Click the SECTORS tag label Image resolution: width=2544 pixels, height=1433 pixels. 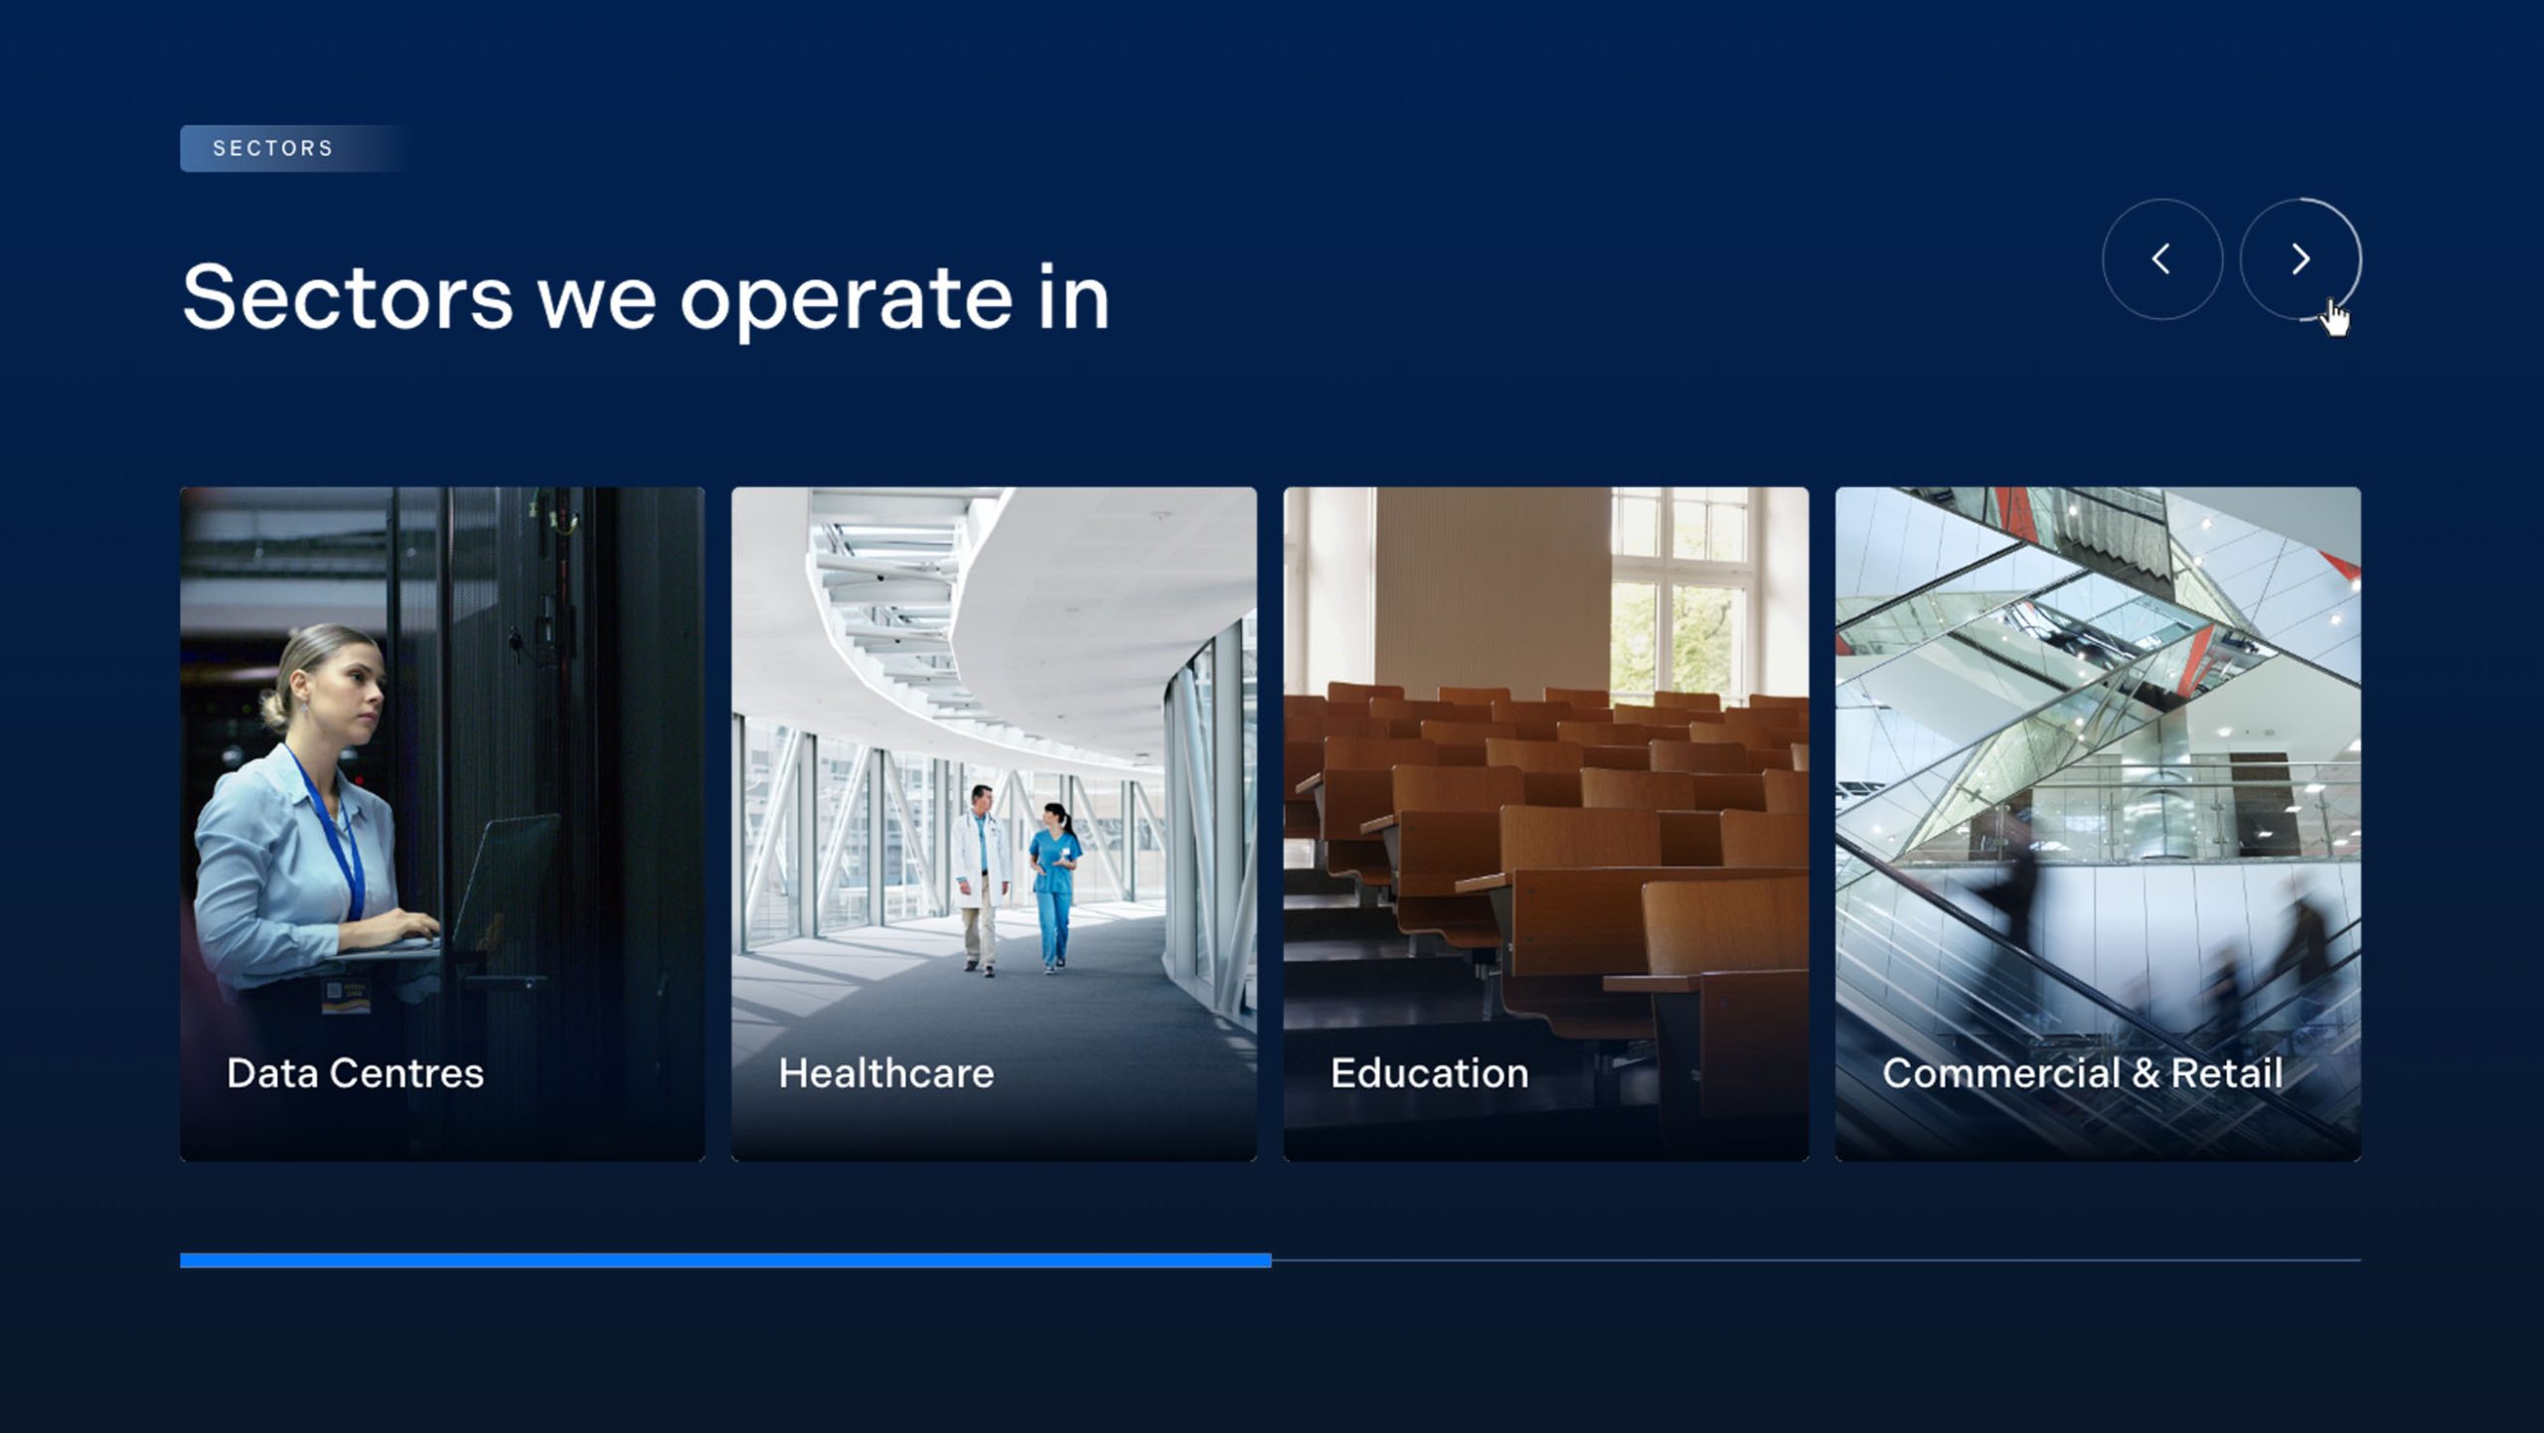tap(273, 148)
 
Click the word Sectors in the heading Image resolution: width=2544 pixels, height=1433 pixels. tap(348, 297)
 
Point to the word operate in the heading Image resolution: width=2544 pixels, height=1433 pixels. tap(846, 300)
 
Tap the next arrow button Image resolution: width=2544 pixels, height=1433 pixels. tap(2301, 259)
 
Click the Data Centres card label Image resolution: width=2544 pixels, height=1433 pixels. tap(355, 1073)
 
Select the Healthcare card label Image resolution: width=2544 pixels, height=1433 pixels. tap(886, 1073)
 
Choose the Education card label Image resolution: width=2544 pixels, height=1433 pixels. tap(1430, 1073)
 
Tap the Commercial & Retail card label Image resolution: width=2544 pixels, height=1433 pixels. tap(2083, 1073)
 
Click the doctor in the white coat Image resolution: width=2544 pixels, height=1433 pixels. tap(981, 876)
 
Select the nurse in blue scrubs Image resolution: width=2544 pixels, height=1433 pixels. tap(1054, 884)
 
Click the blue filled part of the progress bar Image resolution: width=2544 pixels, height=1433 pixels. tap(725, 1260)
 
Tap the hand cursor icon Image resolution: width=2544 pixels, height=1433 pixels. tap(2335, 319)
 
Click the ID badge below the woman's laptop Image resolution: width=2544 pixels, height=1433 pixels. tap(346, 996)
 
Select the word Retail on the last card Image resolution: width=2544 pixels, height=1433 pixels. tap(2227, 1073)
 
